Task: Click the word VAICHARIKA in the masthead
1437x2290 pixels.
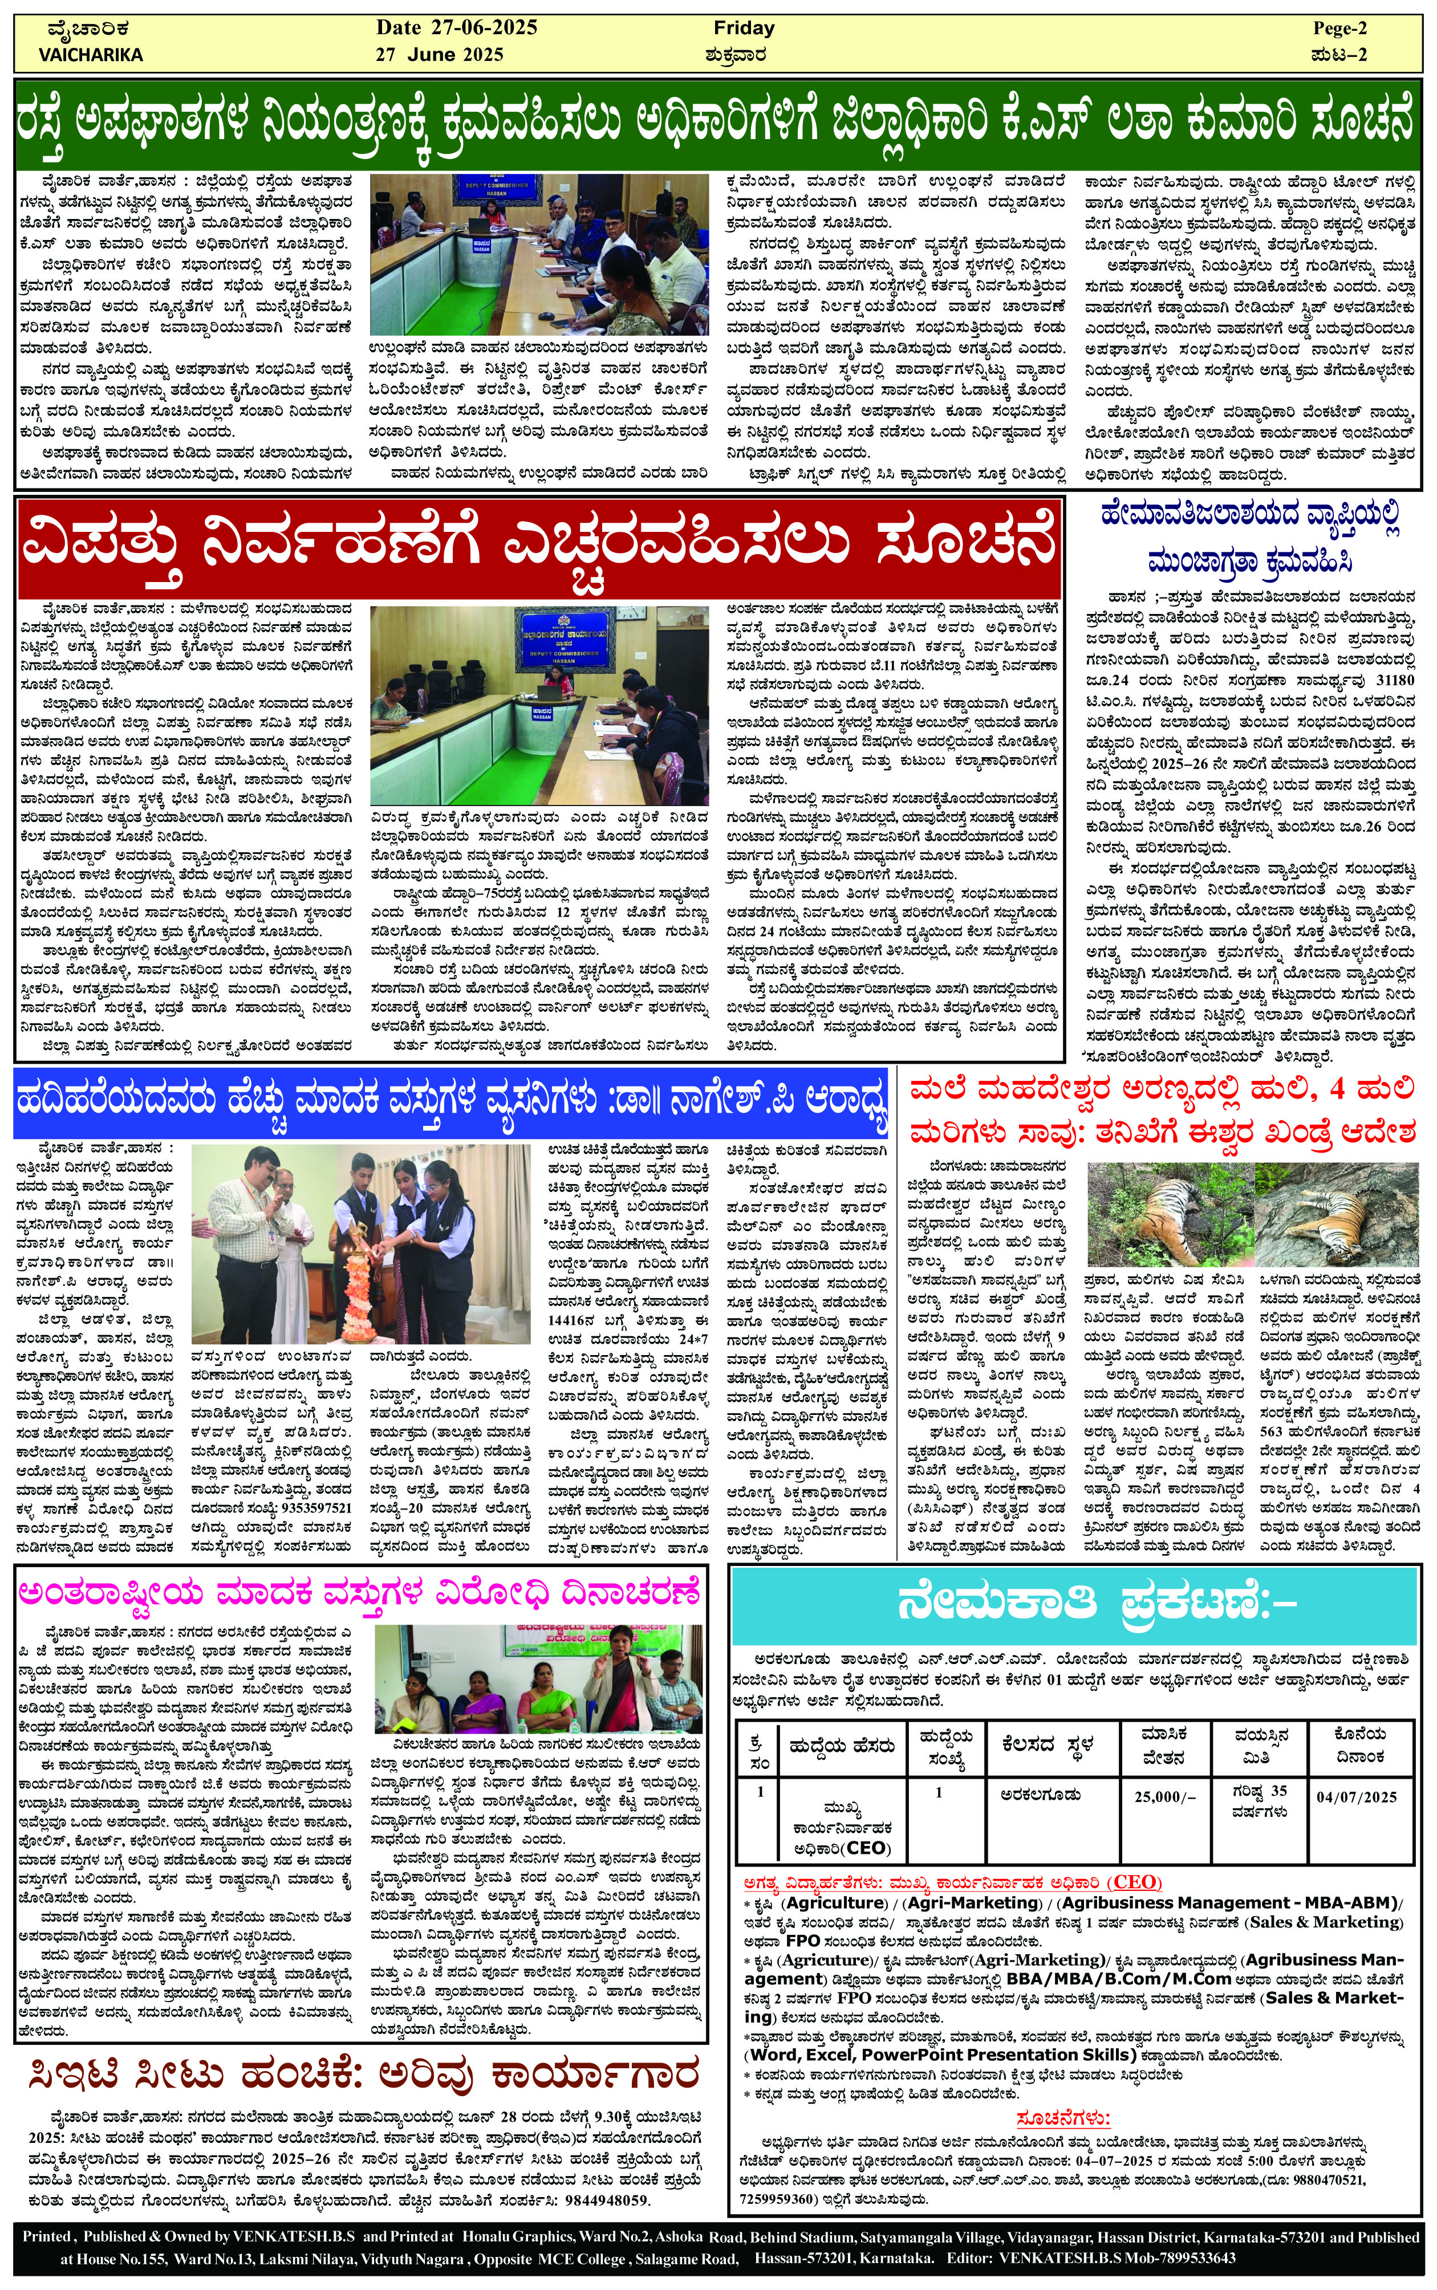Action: pyautogui.click(x=90, y=55)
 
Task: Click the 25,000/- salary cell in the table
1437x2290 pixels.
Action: pyautogui.click(x=1164, y=1796)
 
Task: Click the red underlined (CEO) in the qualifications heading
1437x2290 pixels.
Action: pyautogui.click(x=1136, y=1881)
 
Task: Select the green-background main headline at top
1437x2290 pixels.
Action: pyautogui.click(x=717, y=124)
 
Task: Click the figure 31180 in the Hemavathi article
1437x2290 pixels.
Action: pyautogui.click(x=1395, y=680)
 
